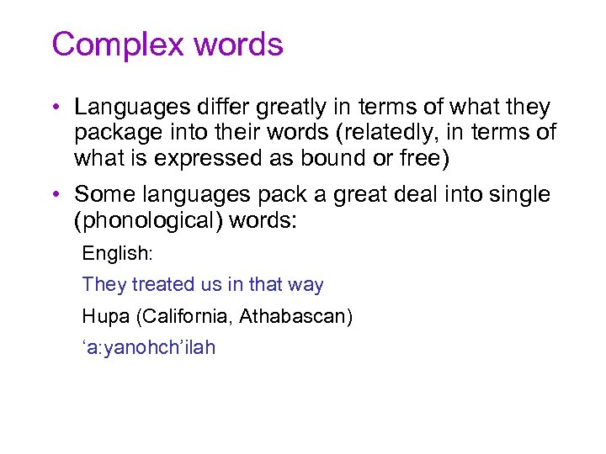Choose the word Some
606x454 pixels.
[99, 195]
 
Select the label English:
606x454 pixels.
[117, 253]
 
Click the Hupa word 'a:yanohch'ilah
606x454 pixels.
[148, 347]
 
